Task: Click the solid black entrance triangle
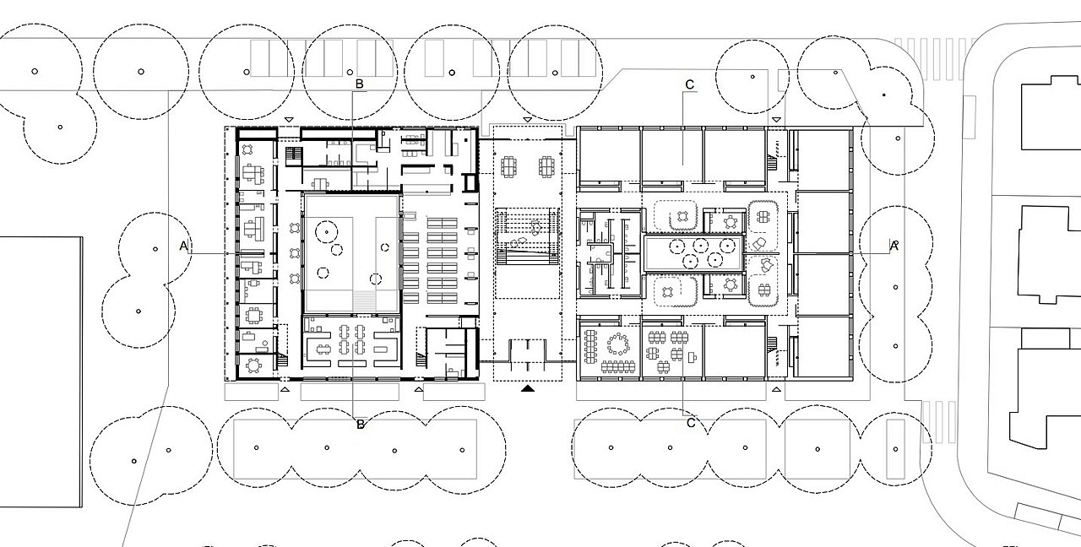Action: [528, 387]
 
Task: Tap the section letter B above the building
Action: [359, 84]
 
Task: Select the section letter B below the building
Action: [360, 425]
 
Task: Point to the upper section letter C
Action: [690, 85]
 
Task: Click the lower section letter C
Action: [691, 423]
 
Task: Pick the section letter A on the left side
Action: [183, 246]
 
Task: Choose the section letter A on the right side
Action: [894, 246]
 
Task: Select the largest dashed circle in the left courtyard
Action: [327, 232]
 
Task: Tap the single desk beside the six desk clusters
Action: [693, 357]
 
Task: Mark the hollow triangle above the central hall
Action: [527, 119]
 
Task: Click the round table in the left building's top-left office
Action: [247, 149]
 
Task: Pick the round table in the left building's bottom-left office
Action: [253, 366]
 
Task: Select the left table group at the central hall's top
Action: [508, 167]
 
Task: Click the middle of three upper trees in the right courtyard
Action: [701, 246]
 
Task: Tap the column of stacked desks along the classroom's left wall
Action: [589, 346]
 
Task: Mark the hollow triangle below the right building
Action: [776, 389]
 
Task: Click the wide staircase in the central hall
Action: [528, 236]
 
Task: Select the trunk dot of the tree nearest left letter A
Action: [155, 249]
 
